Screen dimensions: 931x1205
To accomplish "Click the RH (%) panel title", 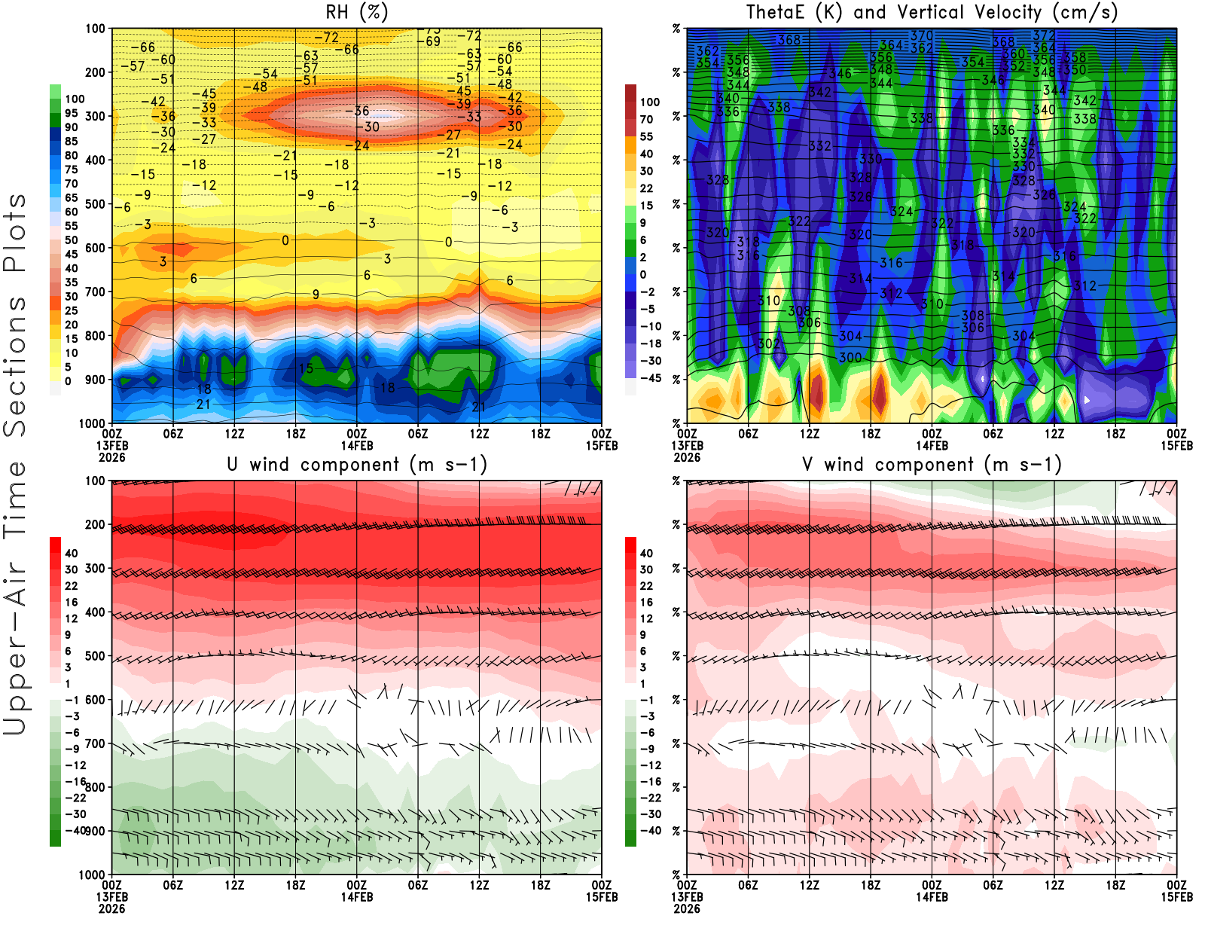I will (356, 12).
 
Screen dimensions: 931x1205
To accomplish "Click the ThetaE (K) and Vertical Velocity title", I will (932, 12).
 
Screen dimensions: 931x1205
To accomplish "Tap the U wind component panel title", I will (356, 464).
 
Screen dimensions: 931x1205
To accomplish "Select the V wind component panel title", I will (932, 464).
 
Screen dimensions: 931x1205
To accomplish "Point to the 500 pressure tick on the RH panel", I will (95, 204).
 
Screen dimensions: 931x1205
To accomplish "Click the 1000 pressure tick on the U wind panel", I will (92, 875).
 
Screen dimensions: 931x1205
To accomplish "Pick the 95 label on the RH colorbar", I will (71, 113).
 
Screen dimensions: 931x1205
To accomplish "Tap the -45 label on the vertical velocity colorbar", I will (650, 378).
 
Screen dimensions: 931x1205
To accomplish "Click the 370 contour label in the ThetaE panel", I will (921, 35).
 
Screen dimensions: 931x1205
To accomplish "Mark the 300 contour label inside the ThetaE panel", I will (850, 358).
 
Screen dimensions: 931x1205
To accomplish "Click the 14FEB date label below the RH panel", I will (356, 445).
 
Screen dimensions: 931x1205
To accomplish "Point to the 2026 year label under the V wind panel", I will (686, 908).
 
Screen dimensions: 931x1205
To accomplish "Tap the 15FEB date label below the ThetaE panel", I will (1176, 445).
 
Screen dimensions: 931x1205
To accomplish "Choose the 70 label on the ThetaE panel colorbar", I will (646, 119).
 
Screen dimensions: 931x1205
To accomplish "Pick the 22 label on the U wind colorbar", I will (71, 586).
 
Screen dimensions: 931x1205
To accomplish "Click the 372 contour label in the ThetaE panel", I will (1043, 35).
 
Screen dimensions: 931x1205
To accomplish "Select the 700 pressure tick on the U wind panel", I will (95, 743).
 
